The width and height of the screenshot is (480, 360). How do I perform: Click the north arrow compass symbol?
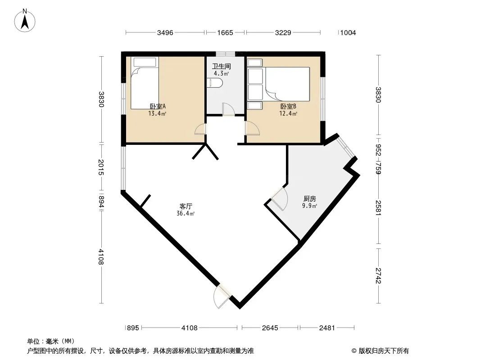pyautogui.click(x=25, y=21)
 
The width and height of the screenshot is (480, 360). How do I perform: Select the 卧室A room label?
pyautogui.click(x=158, y=107)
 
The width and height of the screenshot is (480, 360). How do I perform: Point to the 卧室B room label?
pyautogui.click(x=288, y=107)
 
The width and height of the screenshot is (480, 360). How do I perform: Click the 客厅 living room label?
pyautogui.click(x=186, y=207)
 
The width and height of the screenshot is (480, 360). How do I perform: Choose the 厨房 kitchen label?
pyautogui.click(x=310, y=199)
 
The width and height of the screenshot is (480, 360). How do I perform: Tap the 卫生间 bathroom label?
pyautogui.click(x=222, y=66)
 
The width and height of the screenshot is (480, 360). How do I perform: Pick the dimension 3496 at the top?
pyautogui.click(x=165, y=33)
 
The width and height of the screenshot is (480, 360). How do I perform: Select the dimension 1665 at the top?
pyautogui.click(x=225, y=33)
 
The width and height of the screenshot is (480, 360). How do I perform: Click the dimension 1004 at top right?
pyautogui.click(x=348, y=33)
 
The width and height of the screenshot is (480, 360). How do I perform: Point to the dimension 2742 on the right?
pyautogui.click(x=379, y=275)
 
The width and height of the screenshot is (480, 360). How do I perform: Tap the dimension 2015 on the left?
pyautogui.click(x=101, y=167)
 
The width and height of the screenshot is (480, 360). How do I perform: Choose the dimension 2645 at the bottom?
pyautogui.click(x=270, y=328)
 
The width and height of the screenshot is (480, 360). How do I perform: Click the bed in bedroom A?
pyautogui.click(x=145, y=83)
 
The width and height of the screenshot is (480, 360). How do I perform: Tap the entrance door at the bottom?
pyautogui.click(x=222, y=297)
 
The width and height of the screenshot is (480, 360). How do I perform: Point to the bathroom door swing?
pyautogui.click(x=228, y=109)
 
